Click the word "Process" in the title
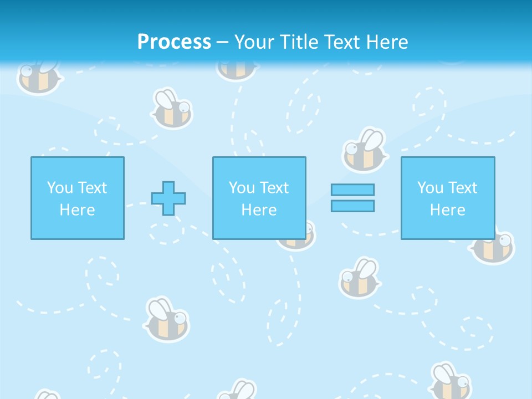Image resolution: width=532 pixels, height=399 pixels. pos(174,42)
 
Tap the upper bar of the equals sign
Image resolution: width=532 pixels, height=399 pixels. pos(352,190)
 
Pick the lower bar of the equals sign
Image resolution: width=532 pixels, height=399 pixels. pos(352,206)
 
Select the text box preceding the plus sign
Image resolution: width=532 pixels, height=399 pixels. pos(77,198)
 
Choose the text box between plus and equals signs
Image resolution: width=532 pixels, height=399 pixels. pos(259,198)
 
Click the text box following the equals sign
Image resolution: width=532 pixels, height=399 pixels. pos(447,198)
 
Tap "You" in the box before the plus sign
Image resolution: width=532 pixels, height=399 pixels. pos(60,188)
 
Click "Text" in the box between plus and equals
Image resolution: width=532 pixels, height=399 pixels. pos(274,188)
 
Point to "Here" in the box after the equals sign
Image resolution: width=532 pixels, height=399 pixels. pos(447,210)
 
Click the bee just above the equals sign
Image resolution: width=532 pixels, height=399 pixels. pos(364,151)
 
